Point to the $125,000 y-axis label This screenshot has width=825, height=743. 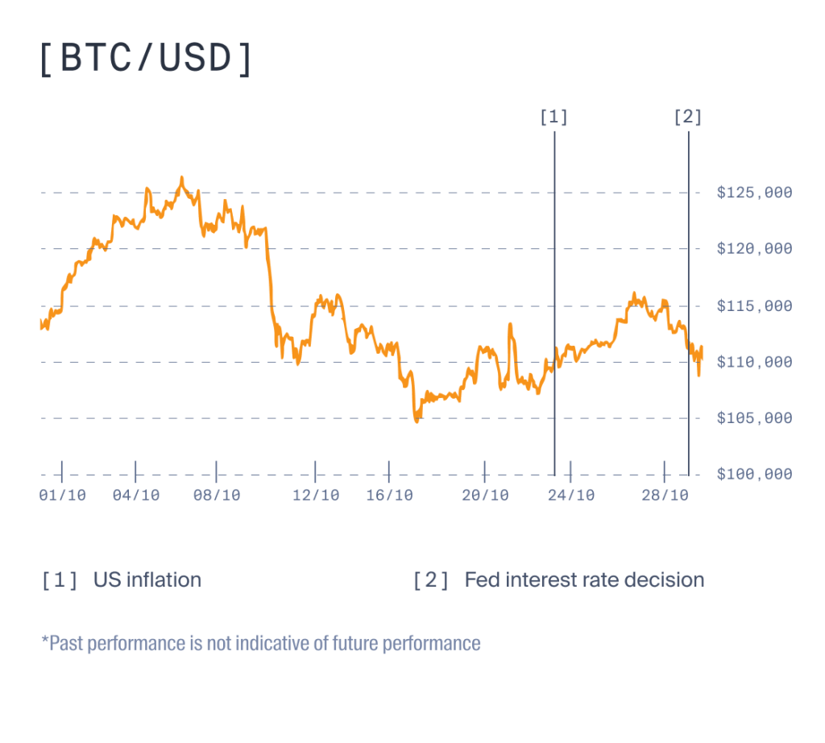(x=754, y=193)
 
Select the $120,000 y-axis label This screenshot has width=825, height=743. (x=754, y=249)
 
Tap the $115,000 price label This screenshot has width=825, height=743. (x=754, y=306)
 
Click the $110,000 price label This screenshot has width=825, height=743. (x=754, y=363)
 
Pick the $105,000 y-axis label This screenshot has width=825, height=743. (x=754, y=418)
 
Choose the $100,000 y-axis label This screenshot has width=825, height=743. (x=754, y=475)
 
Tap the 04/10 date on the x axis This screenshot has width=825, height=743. (x=136, y=496)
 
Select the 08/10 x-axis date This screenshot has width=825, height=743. (x=217, y=496)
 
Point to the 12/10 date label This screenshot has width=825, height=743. (x=316, y=496)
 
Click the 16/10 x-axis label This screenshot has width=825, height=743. (x=389, y=496)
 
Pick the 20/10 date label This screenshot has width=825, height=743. (x=485, y=496)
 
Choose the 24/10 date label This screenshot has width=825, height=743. (x=570, y=496)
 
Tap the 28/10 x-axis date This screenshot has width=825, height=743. (x=665, y=496)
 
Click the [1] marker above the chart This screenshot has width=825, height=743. (x=554, y=118)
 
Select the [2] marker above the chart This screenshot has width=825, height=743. (x=688, y=118)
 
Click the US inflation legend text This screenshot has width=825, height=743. (x=147, y=580)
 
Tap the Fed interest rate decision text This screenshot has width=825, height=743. (x=584, y=580)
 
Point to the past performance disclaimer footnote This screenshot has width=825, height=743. (x=261, y=644)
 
